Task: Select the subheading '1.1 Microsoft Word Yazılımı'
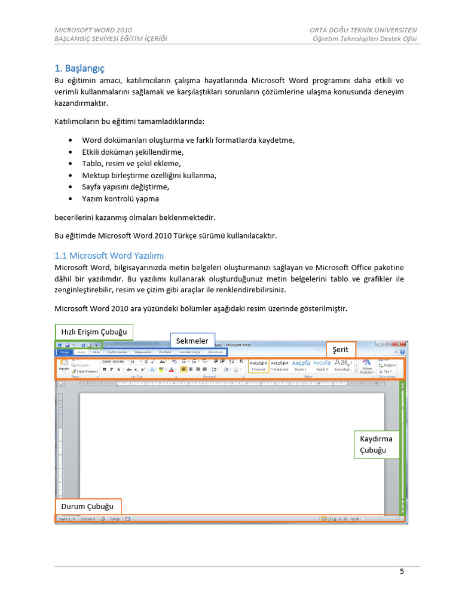tap(109, 255)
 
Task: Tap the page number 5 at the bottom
tap(402, 571)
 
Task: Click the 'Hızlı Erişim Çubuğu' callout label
tap(94, 332)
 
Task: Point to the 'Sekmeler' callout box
tap(192, 341)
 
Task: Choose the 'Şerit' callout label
tap(341, 350)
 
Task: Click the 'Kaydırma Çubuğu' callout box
tap(377, 444)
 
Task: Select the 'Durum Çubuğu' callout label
tap(88, 506)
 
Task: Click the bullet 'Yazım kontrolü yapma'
tap(121, 198)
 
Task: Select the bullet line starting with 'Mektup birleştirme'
tap(149, 175)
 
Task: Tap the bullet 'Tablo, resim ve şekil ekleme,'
tap(131, 163)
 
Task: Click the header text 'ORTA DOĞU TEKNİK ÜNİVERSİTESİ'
tap(363, 30)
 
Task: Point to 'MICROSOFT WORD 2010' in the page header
tap(93, 30)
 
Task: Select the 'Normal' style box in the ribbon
tap(258, 366)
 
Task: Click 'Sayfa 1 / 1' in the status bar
tap(67, 519)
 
